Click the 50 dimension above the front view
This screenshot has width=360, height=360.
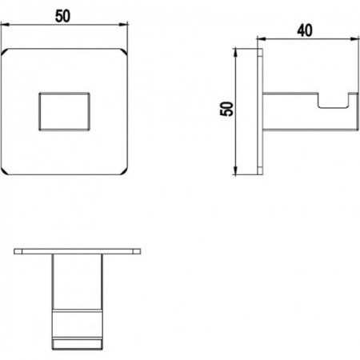pos(63,16)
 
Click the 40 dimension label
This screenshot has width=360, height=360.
pos(305,30)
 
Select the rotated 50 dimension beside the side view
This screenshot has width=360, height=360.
pos(226,109)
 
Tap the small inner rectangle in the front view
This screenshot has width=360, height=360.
pos(64,111)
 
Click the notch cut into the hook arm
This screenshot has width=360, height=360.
pos(334,101)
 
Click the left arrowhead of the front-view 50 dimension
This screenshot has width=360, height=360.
pos(5,25)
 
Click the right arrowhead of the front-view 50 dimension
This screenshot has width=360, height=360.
pos(123,25)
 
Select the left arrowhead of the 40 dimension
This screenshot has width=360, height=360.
pos(262,39)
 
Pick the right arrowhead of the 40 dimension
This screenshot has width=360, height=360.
pos(354,39)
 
